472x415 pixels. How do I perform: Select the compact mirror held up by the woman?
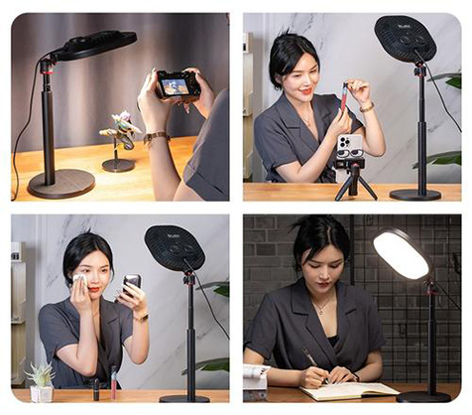(131, 284)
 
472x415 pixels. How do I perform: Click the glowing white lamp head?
(400, 254)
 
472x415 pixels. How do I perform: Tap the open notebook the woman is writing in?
(337, 391)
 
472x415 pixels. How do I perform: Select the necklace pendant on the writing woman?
(319, 310)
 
